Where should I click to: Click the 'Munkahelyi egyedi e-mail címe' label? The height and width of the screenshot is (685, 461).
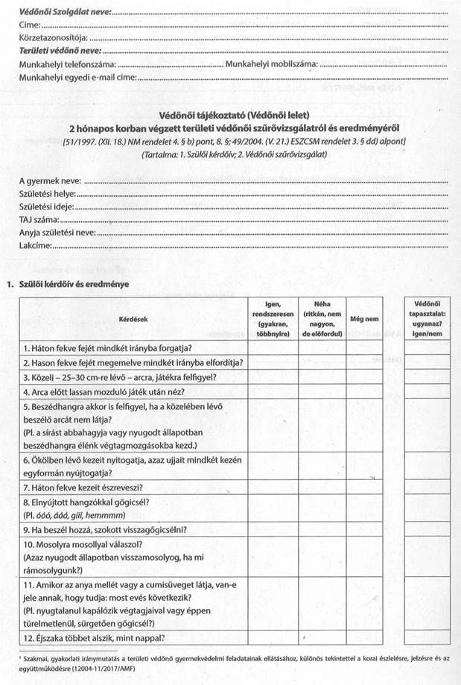(x=78, y=77)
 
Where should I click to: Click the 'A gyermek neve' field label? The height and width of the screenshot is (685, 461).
(x=50, y=181)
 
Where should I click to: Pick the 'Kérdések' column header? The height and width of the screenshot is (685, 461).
(x=133, y=318)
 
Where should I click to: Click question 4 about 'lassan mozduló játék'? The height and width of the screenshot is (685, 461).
(x=104, y=391)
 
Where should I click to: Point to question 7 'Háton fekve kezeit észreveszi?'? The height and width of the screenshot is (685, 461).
(x=83, y=487)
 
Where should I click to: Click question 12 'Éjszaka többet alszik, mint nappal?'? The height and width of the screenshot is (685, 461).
(x=94, y=637)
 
